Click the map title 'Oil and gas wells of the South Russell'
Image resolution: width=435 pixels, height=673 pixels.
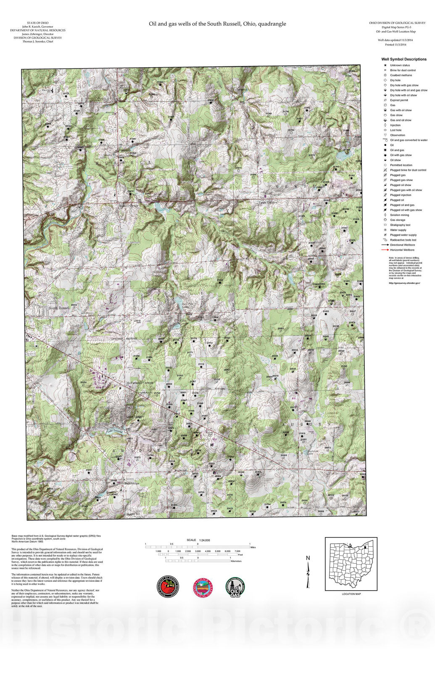pos(217,24)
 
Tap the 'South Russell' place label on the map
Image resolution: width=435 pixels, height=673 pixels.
pos(59,308)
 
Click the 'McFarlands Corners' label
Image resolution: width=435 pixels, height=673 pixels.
pos(140,383)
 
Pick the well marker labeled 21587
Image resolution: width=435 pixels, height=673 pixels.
pos(171,120)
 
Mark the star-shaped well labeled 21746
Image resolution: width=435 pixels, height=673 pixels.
pos(346,212)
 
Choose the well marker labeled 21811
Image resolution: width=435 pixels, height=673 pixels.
pos(89,473)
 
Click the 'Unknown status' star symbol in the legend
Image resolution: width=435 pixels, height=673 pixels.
pos(385,65)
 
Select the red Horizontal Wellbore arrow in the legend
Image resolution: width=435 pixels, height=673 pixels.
pos(385,250)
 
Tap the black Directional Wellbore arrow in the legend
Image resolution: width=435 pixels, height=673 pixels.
pos(385,245)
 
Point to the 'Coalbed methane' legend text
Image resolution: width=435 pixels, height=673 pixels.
pos(401,75)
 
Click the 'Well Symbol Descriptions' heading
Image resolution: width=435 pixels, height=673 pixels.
pos(403,59)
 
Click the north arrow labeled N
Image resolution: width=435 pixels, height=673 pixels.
pos(308,572)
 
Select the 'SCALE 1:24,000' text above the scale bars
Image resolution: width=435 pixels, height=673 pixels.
pos(198,540)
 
